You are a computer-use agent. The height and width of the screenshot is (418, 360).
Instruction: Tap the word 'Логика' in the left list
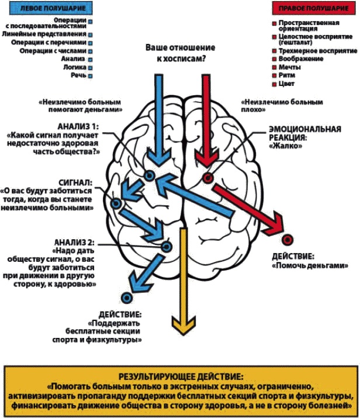tap(75, 67)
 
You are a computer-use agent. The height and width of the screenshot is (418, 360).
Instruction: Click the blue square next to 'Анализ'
tap(91, 59)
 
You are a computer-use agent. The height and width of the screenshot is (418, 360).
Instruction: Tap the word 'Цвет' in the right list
tap(288, 84)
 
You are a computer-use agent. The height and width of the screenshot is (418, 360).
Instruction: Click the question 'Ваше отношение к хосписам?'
tap(179, 52)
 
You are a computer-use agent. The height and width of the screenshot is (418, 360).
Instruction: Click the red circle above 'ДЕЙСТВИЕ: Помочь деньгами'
tap(286, 240)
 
